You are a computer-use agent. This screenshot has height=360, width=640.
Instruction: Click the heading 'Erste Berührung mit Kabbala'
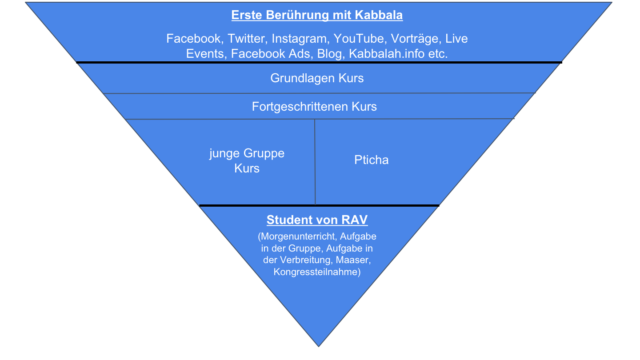317,15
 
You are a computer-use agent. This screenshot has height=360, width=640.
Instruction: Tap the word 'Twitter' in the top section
247,39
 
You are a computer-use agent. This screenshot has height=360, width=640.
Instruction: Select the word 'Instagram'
300,39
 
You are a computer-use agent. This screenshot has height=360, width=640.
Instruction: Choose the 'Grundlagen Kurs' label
317,78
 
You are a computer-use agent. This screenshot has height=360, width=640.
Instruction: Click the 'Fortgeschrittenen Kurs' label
314,107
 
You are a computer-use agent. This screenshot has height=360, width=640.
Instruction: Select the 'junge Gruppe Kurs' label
247,161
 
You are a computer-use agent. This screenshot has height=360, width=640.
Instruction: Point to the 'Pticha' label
372,160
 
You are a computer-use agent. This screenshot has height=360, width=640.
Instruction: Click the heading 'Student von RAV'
317,220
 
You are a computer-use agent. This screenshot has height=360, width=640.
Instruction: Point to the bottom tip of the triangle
319,345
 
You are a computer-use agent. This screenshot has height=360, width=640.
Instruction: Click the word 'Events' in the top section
207,54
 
